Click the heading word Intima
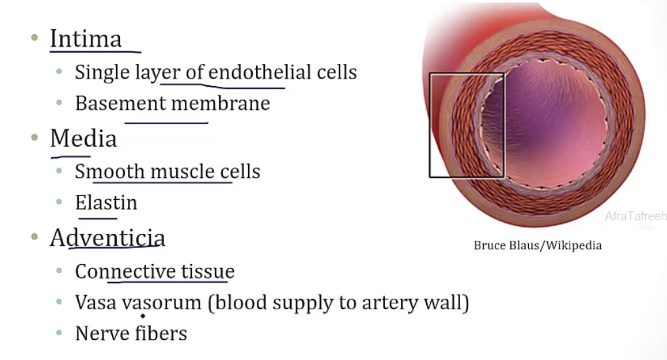[85, 39]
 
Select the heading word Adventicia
[107, 238]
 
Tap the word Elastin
[106, 203]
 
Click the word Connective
[125, 271]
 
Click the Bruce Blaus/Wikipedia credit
[538, 245]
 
